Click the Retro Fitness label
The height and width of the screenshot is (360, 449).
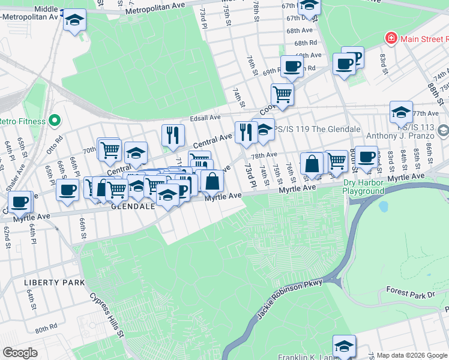[23, 121]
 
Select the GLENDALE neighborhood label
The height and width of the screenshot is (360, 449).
[133, 206]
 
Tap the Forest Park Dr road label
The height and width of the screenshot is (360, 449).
[410, 295]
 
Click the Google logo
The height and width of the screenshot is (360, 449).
[20, 353]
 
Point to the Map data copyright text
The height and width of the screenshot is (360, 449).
[412, 355]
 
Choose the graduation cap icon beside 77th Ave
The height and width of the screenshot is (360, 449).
[401, 112]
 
